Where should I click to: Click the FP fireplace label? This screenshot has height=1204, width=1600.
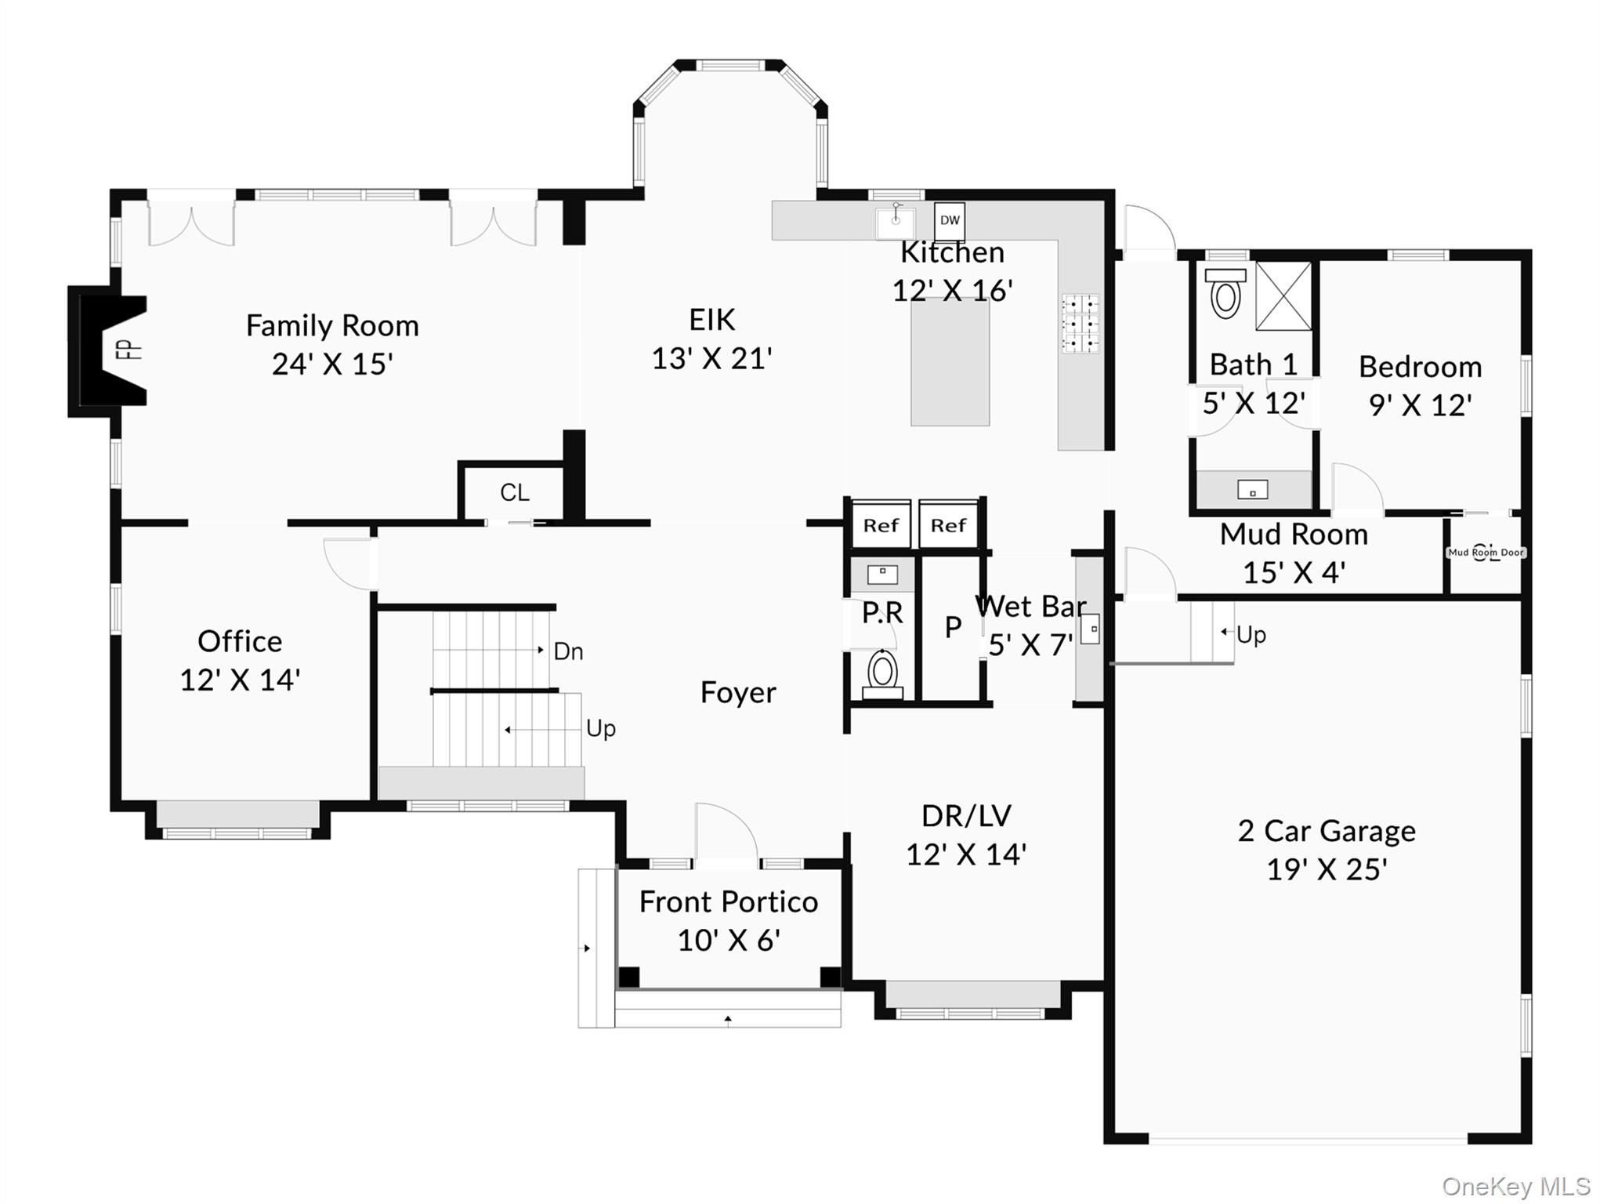click(130, 348)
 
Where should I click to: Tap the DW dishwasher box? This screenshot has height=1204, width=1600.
click(949, 220)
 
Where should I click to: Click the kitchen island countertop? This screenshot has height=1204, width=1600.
click(950, 362)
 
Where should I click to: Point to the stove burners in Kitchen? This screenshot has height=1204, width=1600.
click(1081, 324)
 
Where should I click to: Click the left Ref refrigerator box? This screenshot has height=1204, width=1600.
click(881, 525)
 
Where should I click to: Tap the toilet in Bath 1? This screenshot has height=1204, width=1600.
click(1225, 294)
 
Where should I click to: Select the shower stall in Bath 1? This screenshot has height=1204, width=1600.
click(1283, 296)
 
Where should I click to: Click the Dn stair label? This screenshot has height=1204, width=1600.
click(568, 651)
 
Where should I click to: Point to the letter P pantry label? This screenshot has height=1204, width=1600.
click(952, 627)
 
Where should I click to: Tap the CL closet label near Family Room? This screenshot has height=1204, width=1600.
click(514, 492)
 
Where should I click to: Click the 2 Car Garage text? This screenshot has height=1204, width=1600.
click(1326, 831)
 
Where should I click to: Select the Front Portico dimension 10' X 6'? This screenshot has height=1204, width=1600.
click(728, 940)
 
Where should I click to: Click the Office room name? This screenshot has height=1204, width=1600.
click(240, 641)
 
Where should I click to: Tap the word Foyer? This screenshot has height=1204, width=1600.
click(738, 692)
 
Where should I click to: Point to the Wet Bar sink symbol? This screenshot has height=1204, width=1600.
click(1090, 629)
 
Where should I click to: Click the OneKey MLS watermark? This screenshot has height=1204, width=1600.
click(1515, 1187)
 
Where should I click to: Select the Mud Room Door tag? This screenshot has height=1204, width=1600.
click(1486, 553)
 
